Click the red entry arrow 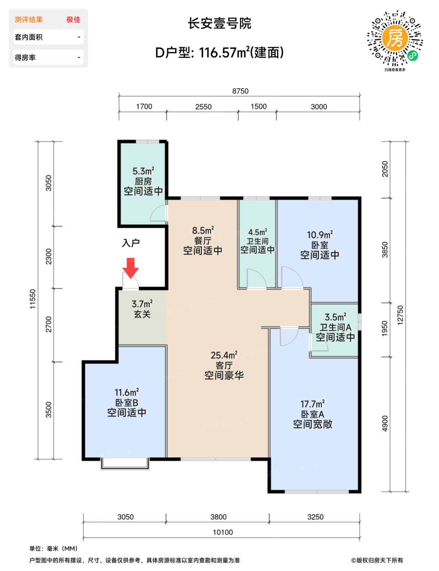point(131,268)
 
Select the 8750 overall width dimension point(240,91)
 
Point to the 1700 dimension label point(144,106)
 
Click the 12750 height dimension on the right point(400,315)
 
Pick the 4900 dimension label point(385,423)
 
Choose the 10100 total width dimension point(223,532)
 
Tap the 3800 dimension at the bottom point(218,517)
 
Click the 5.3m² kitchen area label point(143,171)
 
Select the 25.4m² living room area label point(224,355)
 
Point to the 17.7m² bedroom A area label point(313,404)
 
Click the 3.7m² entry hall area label point(142,304)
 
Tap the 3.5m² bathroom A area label point(335,317)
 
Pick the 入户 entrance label point(131,243)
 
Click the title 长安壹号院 point(219,23)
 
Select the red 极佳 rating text point(73,20)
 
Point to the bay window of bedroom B point(125,464)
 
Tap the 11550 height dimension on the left point(32,299)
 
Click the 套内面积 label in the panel point(29,37)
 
